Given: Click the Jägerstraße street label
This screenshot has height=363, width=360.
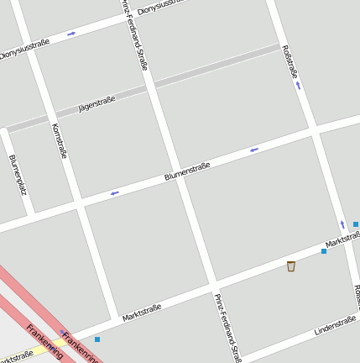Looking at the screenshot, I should (97, 104).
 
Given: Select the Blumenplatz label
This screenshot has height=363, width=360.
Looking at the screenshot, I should (18, 174).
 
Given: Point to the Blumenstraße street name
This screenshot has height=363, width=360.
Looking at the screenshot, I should (187, 171).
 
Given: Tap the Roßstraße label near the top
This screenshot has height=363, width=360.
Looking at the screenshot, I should (290, 61).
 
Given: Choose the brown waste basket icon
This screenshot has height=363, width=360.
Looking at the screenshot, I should (291, 266).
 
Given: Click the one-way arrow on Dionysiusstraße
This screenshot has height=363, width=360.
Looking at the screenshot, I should (71, 34).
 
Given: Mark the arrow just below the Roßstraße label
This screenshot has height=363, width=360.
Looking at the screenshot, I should (298, 86).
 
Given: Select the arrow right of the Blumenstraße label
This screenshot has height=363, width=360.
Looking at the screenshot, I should (253, 150).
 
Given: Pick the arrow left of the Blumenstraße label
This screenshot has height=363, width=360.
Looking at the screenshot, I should (114, 192).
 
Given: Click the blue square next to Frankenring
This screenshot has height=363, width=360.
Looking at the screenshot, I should (97, 339).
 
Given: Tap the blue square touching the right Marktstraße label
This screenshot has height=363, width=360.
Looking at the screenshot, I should (324, 250).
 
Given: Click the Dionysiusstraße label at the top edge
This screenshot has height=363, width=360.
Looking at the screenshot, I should (159, 7).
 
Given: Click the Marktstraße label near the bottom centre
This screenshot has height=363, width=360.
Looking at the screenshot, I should (141, 313).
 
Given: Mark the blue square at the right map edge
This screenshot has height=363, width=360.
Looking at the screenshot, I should (356, 224).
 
